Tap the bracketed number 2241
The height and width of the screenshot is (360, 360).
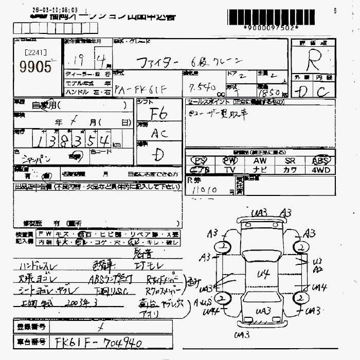click(35, 52)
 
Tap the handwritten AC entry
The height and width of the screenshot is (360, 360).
click(159, 133)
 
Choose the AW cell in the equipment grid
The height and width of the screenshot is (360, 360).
click(260, 160)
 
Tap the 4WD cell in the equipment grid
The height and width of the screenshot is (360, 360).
click(320, 169)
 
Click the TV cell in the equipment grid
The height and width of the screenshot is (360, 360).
click(229, 169)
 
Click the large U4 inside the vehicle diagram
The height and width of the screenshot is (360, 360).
click(263, 274)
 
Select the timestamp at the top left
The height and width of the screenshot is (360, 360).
click(55, 10)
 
